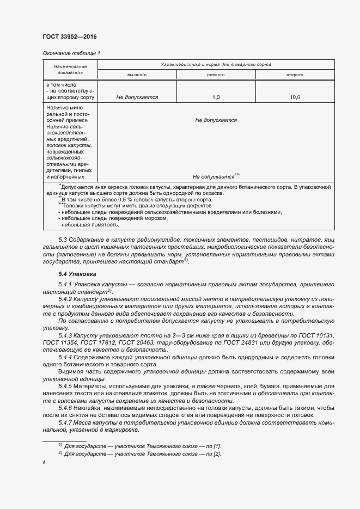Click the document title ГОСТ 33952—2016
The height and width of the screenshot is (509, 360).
(x=69, y=36)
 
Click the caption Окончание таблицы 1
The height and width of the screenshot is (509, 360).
(x=71, y=53)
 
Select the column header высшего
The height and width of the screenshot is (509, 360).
(x=137, y=75)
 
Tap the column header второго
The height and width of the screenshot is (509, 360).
(x=295, y=75)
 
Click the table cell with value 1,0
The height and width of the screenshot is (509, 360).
(x=216, y=97)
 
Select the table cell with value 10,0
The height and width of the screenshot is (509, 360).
(x=295, y=97)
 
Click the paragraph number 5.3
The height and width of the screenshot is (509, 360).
(x=63, y=240)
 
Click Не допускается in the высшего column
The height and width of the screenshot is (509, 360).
(x=137, y=97)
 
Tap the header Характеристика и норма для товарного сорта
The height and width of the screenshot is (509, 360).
(x=216, y=64)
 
